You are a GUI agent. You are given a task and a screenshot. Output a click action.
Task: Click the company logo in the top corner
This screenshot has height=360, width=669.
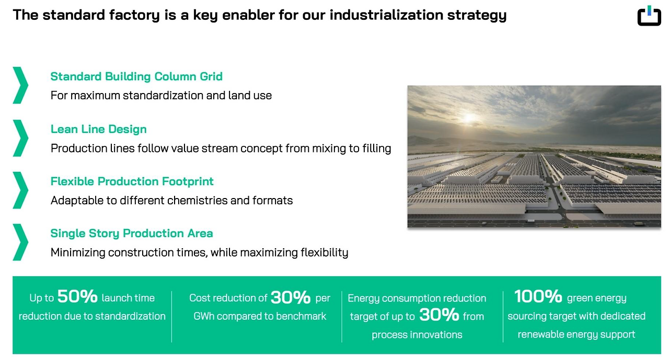(x=649, y=16)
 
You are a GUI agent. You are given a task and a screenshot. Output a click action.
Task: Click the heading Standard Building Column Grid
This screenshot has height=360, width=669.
(x=136, y=76)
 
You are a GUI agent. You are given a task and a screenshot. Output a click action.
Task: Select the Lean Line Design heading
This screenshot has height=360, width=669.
(x=99, y=129)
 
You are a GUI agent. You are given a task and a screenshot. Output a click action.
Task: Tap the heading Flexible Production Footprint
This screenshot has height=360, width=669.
(x=132, y=181)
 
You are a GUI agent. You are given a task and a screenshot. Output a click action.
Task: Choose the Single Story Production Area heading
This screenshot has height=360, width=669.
(x=132, y=234)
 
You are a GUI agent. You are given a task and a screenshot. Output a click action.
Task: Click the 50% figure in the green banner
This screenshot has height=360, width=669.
(x=77, y=296)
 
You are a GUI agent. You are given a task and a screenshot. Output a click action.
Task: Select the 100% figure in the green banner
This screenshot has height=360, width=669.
(x=538, y=296)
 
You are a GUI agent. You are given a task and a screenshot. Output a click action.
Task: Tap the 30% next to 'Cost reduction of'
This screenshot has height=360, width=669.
(x=291, y=297)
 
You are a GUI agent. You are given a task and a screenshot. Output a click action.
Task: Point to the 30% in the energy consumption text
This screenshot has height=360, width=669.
(x=439, y=315)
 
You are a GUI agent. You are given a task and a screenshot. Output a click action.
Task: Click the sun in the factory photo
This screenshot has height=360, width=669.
(x=469, y=118)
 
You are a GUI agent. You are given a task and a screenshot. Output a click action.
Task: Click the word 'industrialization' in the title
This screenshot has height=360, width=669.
(x=386, y=15)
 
